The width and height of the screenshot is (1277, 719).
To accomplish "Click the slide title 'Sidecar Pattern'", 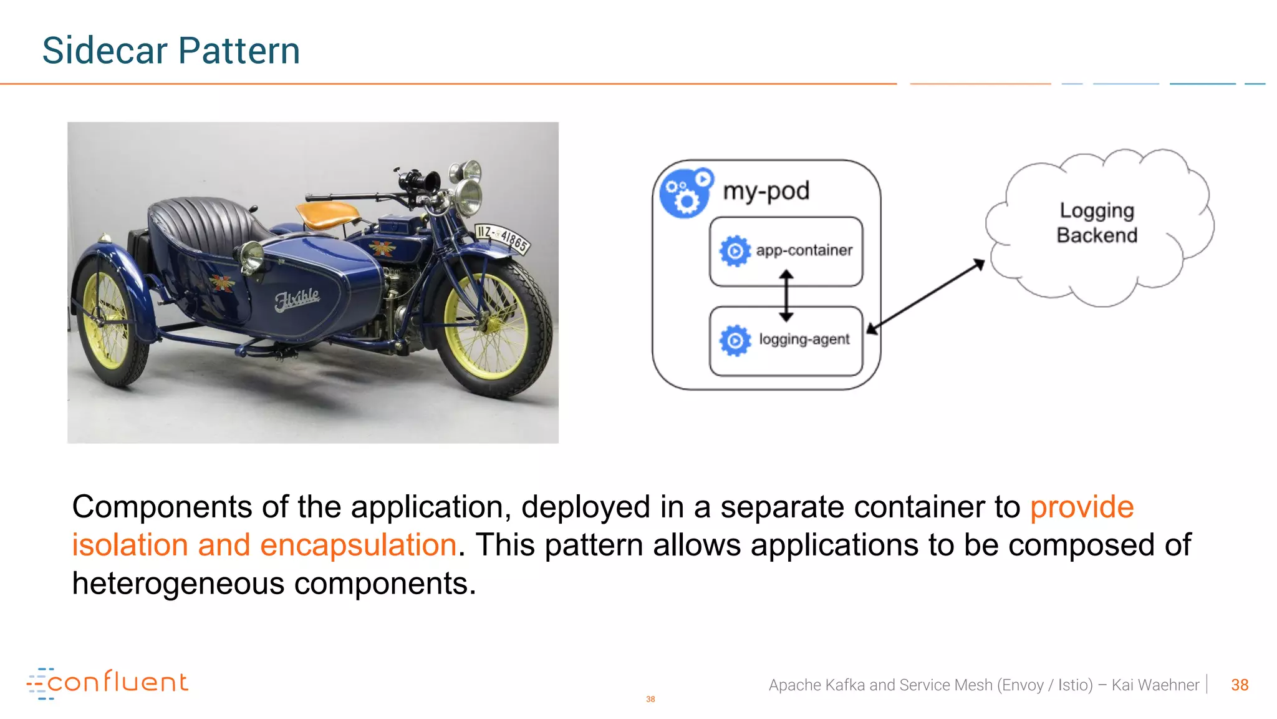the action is [x=171, y=51].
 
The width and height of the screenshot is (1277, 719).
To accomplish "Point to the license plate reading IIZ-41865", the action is [x=503, y=238].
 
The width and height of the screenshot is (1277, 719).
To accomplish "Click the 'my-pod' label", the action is [x=766, y=191].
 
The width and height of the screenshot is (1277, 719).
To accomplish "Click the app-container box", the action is [x=786, y=251].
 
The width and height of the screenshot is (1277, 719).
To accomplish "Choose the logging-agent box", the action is [x=786, y=341].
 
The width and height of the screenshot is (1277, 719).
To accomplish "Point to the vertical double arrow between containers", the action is [x=786, y=296].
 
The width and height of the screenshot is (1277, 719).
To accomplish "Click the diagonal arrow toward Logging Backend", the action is [x=925, y=296].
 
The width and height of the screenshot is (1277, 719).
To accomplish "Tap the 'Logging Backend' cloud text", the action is [x=1097, y=223].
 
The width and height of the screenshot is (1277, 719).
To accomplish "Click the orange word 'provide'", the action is [x=1081, y=507].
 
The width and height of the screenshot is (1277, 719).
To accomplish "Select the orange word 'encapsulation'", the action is [x=358, y=545].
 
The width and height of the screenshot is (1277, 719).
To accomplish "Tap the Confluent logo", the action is [x=107, y=683].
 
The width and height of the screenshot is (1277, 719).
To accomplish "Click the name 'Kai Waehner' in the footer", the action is [x=1155, y=685].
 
